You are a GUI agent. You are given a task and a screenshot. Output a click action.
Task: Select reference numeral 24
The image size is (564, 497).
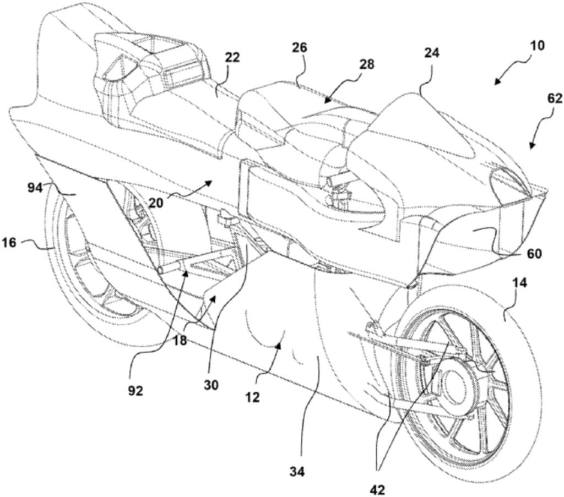(432, 53)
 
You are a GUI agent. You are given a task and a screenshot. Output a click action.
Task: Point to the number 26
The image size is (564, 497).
(300, 48)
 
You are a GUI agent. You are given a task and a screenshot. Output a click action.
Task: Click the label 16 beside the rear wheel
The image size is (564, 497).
(9, 243)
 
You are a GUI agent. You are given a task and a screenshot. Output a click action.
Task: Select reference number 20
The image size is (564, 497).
(155, 203)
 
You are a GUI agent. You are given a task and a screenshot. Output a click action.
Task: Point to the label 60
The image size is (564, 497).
(534, 254)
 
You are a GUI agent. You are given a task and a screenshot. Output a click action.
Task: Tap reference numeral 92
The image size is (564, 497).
(135, 391)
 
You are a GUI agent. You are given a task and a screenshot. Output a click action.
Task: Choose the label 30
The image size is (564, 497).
(211, 385)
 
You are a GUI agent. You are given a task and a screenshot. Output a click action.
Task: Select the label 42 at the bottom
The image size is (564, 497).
(377, 489)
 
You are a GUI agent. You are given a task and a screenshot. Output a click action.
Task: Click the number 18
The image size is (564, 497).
(180, 340)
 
